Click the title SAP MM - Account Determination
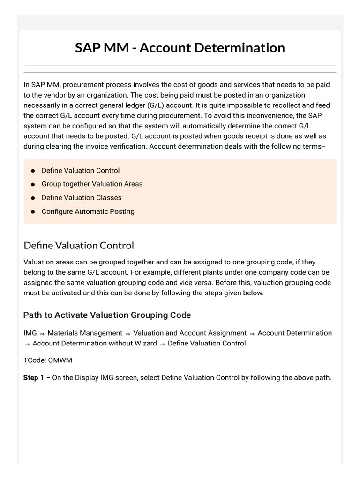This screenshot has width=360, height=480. click(x=180, y=47)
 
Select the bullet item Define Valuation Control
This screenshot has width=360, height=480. click(x=80, y=171)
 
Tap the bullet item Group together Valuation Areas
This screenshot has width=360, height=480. click(x=92, y=184)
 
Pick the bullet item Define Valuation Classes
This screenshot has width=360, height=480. click(x=81, y=198)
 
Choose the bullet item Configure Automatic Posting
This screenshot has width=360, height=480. click(x=88, y=211)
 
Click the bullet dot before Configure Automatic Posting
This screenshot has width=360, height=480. click(x=33, y=212)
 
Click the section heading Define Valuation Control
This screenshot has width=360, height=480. click(x=79, y=245)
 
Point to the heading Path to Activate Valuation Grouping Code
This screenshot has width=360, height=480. click(x=107, y=315)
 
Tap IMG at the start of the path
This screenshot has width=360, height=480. click(x=30, y=333)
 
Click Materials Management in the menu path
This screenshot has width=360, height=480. click(x=85, y=333)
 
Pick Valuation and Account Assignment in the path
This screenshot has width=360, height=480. click(x=190, y=333)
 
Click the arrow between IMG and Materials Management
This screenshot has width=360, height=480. click(x=42, y=333)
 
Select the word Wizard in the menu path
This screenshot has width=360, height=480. click(x=144, y=343)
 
